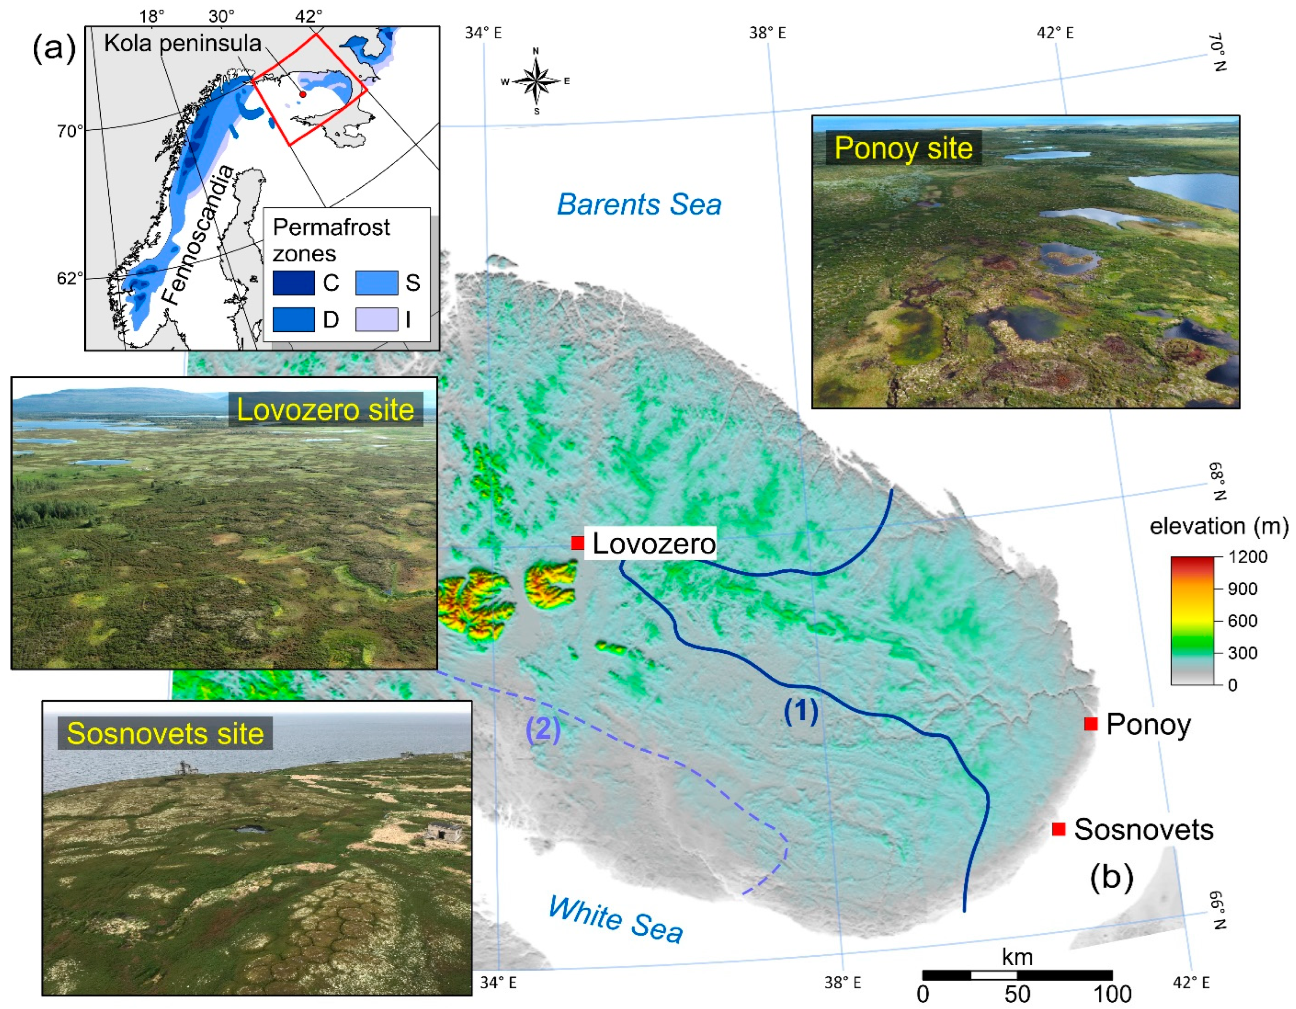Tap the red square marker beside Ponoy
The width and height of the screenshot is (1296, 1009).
(1090, 724)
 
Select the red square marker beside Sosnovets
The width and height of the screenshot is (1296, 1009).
(1058, 829)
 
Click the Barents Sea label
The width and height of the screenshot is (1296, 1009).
(639, 205)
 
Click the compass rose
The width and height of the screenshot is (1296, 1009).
(537, 81)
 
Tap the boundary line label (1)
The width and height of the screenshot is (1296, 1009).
(801, 711)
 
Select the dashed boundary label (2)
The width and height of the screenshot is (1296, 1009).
(543, 730)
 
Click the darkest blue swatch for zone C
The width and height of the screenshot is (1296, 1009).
(293, 282)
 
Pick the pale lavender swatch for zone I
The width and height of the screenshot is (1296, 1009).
(376, 319)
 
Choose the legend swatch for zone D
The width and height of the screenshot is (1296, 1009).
(293, 319)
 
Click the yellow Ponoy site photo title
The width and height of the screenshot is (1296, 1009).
(903, 148)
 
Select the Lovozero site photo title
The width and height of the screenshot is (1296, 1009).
(325, 410)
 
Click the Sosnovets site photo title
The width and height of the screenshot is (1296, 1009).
(165, 734)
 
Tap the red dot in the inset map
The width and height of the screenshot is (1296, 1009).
(303, 94)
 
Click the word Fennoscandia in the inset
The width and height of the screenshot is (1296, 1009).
(199, 234)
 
